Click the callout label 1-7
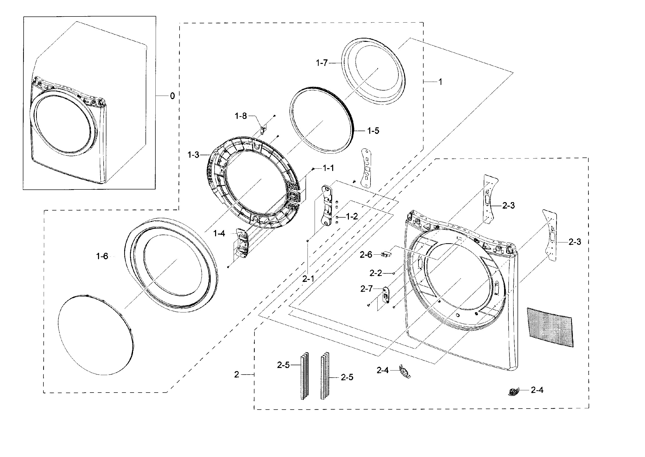tap(321, 63)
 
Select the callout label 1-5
tap(373, 131)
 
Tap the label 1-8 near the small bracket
tap(241, 116)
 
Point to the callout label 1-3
tap(193, 155)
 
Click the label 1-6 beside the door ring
tap(102, 256)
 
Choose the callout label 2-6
tap(366, 255)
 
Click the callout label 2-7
tap(366, 289)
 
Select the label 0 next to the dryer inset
tap(172, 96)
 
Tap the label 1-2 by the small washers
tap(352, 216)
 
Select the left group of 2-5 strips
tap(304, 376)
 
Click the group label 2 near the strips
tap(236, 374)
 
